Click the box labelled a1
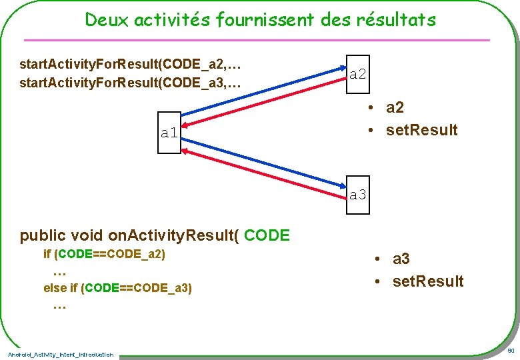click(169, 133)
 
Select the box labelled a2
click(358, 73)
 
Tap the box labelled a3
click(358, 195)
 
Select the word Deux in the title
click(107, 20)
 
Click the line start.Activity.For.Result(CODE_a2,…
click(130, 65)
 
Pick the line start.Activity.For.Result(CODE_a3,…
click(130, 84)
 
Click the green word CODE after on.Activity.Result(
click(267, 235)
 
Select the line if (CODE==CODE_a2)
click(104, 254)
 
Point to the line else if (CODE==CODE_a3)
click(117, 288)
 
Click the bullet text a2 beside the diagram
click(395, 107)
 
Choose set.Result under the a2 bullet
click(421, 130)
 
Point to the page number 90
click(511, 351)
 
